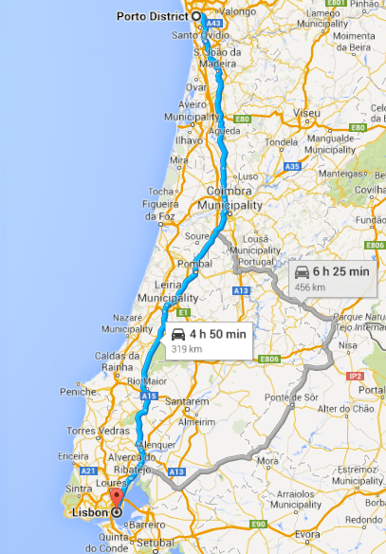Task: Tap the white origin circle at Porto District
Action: click(197, 16)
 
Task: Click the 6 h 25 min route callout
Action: click(332, 277)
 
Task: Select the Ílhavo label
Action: click(189, 139)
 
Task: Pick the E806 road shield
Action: click(270, 360)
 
